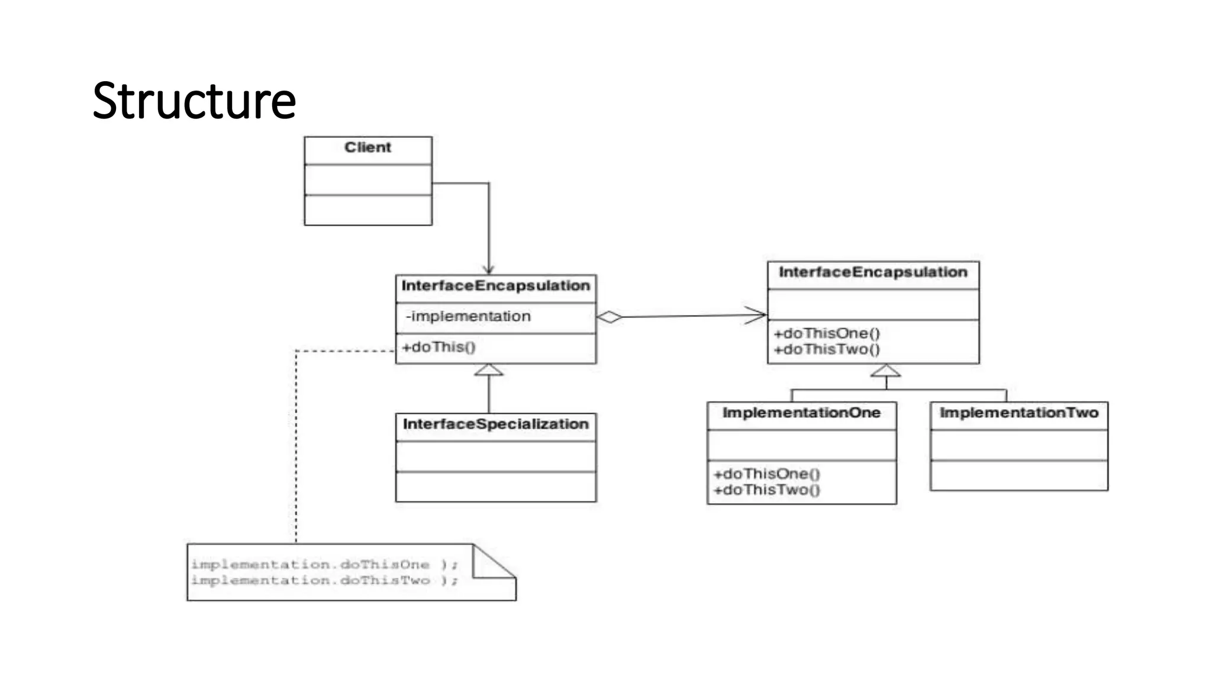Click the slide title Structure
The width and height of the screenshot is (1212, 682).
coord(194,101)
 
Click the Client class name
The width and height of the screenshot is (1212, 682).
coord(368,147)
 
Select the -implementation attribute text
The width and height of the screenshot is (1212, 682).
coord(468,316)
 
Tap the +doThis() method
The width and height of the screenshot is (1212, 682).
coord(439,347)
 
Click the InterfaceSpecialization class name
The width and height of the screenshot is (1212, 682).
coord(495,424)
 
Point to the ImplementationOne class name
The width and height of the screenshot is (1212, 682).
coord(801,413)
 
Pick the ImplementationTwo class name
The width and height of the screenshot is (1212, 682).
coord(1018,413)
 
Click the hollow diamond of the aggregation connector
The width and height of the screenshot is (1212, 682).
coord(609,317)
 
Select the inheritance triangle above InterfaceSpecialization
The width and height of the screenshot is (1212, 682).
coord(489,371)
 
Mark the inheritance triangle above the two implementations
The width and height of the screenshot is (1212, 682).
coord(886,372)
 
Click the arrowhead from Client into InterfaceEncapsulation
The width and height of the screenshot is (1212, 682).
coord(489,270)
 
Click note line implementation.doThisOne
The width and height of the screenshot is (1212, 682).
coord(324,565)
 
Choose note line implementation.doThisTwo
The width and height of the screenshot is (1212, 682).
coord(324,581)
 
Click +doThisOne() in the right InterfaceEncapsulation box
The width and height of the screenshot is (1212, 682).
coord(827,333)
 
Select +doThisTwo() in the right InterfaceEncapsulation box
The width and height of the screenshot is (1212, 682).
coord(827,349)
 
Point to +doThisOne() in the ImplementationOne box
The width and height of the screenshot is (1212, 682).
coord(767,474)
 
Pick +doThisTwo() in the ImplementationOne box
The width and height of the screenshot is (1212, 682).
coord(767,490)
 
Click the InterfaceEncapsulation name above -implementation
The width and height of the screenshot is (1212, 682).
coord(495,286)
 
